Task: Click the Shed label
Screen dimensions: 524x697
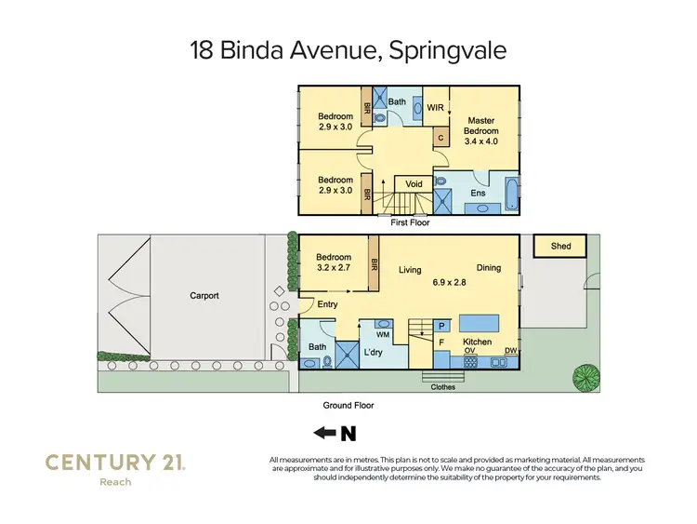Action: click(560, 247)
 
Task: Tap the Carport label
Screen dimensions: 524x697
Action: click(204, 296)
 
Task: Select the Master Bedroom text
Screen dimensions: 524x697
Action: click(480, 126)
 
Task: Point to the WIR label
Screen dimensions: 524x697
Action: click(435, 108)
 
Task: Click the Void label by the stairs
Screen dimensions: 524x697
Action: click(414, 184)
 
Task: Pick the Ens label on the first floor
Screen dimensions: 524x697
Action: click(478, 194)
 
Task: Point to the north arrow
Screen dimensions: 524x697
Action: click(335, 433)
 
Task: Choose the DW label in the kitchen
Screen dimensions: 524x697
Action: click(510, 351)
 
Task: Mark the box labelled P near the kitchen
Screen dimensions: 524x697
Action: click(441, 326)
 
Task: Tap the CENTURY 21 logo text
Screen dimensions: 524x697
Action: click(115, 462)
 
